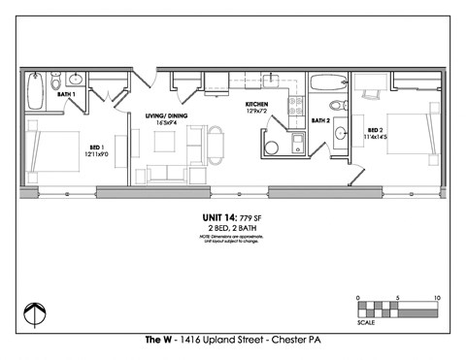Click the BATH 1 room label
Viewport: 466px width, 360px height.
point(66,94)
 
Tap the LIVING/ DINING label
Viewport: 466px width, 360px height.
point(166,115)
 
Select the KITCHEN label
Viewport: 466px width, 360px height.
point(256,104)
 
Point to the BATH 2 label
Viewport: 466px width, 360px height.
point(321,120)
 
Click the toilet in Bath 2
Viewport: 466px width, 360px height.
point(338,106)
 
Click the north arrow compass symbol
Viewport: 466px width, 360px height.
point(35,313)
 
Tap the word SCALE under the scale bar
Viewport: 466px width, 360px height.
point(367,322)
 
